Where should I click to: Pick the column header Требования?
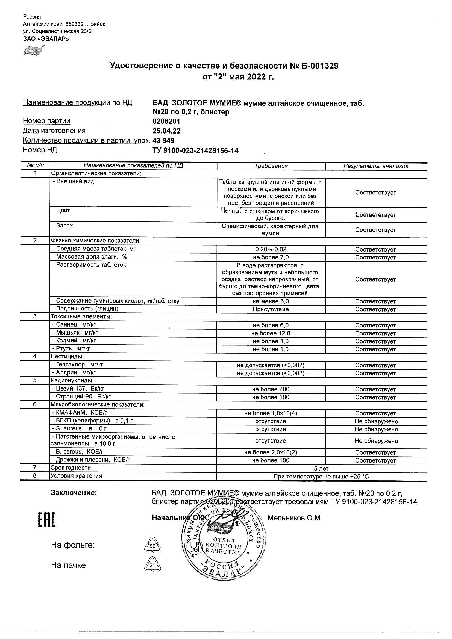pyautogui.click(x=271, y=166)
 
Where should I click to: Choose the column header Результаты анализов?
pyautogui.click(x=376, y=166)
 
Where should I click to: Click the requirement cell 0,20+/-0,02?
pyautogui.click(x=271, y=249)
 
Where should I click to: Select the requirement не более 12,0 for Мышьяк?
pyautogui.click(x=271, y=333)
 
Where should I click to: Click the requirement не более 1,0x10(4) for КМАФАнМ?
pyautogui.click(x=271, y=413)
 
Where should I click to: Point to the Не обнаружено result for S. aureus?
pyautogui.click(x=376, y=429)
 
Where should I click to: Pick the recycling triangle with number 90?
pyautogui.click(x=152, y=546)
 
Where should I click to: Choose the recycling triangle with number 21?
pyautogui.click(x=152, y=565)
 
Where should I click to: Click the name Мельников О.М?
pyautogui.click(x=295, y=518)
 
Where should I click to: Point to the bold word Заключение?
pyautogui.click(x=74, y=493)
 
